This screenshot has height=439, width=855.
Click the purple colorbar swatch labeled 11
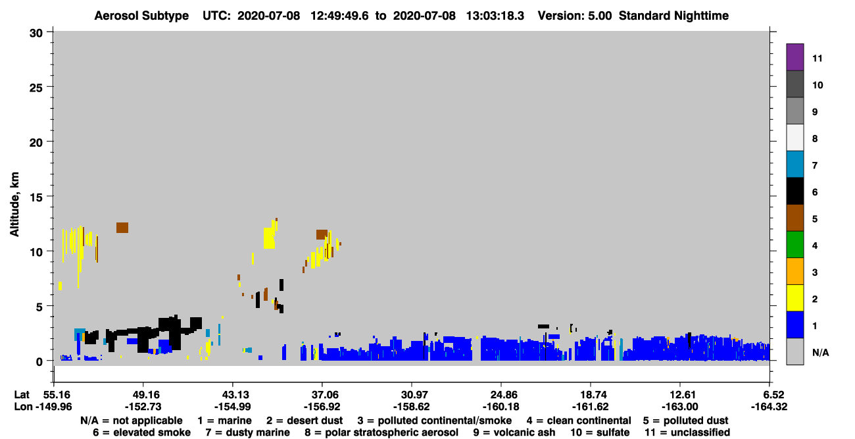pos(794,57)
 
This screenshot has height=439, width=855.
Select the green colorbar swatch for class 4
pos(794,245)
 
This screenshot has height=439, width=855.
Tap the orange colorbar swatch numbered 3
pos(794,271)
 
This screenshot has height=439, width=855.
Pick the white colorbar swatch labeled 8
pos(794,137)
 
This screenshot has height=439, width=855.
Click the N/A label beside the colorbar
pos(820,352)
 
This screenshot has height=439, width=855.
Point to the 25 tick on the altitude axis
pos(36,88)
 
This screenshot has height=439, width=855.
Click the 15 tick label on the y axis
pos(36,197)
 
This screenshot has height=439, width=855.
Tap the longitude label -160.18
pos(501,407)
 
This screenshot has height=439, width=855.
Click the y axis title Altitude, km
pos(14,205)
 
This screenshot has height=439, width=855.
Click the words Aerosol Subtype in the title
pos(141,16)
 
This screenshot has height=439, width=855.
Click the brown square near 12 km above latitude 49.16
pos(122,228)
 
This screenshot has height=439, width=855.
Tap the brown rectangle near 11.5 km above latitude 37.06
pos(322,234)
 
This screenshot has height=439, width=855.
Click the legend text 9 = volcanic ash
pos(514,432)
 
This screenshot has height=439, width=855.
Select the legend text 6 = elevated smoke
pos(141,432)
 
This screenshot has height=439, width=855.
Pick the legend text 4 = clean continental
pos(579,421)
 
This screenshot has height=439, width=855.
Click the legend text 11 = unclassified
pos(687,432)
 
